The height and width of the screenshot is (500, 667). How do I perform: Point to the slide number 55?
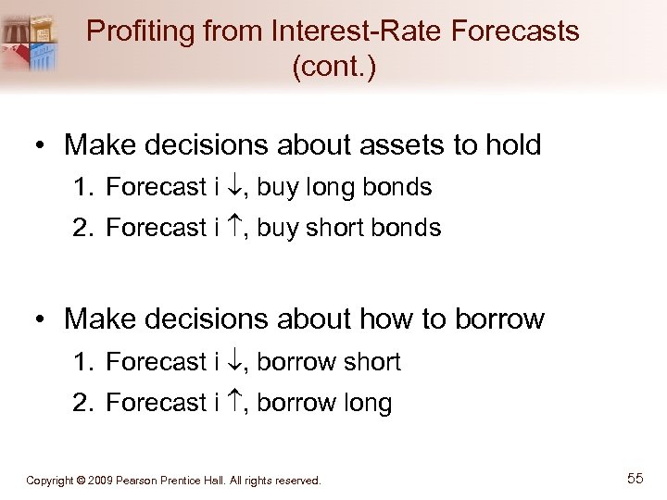coord(635,479)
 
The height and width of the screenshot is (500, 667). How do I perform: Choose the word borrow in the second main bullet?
coord(499,319)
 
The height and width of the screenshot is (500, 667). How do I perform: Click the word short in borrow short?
coord(371,362)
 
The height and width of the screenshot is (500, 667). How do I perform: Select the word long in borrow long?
coord(367,403)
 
